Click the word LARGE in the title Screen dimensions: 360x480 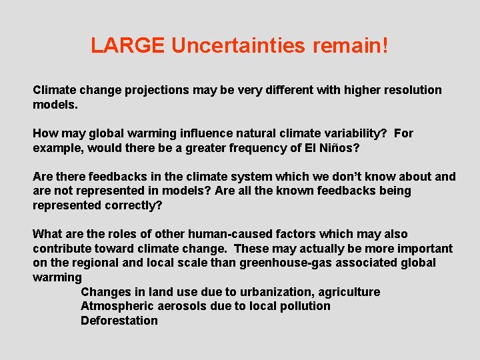click(128, 45)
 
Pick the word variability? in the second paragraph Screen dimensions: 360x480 click(353, 133)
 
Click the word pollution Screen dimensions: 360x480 click(304, 306)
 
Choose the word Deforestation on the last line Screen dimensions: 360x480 click(119, 321)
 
